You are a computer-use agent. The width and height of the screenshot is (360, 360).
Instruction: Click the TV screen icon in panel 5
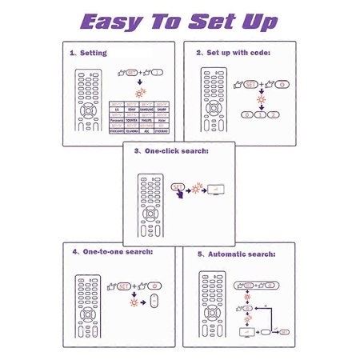point(246,330)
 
